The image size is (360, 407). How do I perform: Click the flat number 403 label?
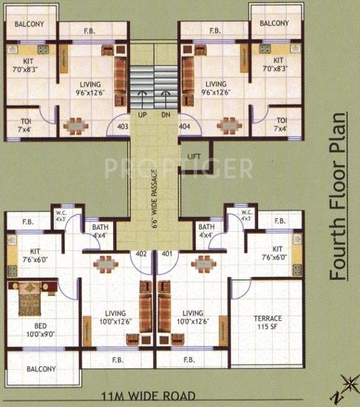click(123, 127)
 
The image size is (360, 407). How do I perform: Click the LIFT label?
click(194, 156)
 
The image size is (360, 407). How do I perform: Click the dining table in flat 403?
click(75, 125)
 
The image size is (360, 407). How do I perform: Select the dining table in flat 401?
click(202, 264)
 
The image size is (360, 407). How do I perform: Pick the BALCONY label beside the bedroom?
click(41, 369)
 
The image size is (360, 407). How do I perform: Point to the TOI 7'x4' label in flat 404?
click(280, 124)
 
